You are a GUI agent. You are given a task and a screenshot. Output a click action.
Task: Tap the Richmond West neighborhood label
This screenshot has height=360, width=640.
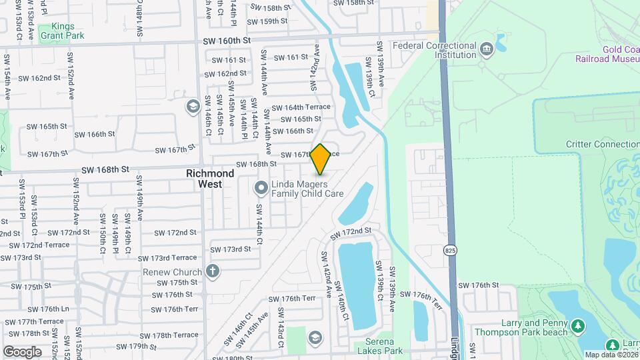(x=210, y=178)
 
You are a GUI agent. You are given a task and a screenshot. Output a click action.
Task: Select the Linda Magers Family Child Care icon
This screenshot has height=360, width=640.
(x=261, y=188)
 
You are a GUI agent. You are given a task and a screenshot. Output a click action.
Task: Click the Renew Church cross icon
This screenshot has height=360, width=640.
(x=212, y=271)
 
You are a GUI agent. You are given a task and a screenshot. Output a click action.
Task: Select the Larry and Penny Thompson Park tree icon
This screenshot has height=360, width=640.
(x=579, y=325)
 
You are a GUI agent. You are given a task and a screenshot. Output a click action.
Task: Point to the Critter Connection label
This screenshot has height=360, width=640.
(x=602, y=144)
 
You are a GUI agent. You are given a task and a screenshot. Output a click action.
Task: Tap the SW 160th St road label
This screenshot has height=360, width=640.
(x=226, y=41)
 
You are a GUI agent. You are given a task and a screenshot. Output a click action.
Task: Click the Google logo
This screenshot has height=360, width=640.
(x=22, y=351)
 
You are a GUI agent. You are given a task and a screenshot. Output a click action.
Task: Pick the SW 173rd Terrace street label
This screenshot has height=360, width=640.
(x=167, y=258)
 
